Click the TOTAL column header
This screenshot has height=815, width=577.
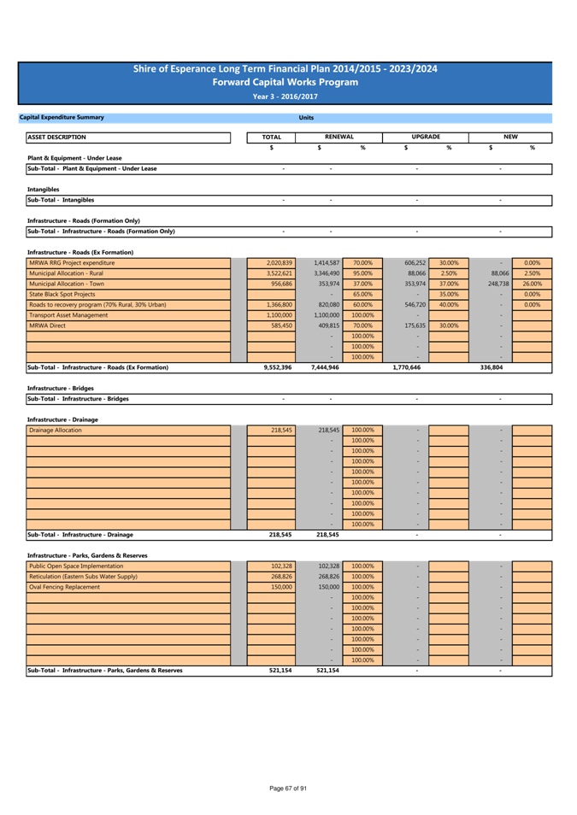tap(271, 138)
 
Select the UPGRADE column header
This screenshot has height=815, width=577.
tap(426, 137)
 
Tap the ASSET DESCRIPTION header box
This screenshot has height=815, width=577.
tap(128, 138)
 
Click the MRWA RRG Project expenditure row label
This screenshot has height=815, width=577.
tap(72, 263)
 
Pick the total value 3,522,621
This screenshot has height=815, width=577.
tap(280, 273)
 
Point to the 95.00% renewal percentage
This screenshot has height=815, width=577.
tap(362, 273)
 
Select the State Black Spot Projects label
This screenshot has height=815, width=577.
tap(62, 294)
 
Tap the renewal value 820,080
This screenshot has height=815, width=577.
tap(329, 305)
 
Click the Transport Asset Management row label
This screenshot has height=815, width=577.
tap(68, 315)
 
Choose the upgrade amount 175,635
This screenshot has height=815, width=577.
tap(415, 325)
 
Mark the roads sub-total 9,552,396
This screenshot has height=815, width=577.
tap(278, 367)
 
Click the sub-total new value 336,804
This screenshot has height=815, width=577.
tap(492, 367)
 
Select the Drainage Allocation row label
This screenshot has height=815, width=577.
tap(56, 431)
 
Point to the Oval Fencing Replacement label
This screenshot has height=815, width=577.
tap(64, 587)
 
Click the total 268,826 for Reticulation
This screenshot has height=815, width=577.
tap(281, 577)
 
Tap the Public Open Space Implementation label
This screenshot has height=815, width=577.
tap(76, 566)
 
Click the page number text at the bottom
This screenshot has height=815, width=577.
tap(288, 789)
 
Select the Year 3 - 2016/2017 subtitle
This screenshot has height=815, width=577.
tap(286, 97)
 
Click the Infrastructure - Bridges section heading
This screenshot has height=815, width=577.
tap(61, 388)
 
